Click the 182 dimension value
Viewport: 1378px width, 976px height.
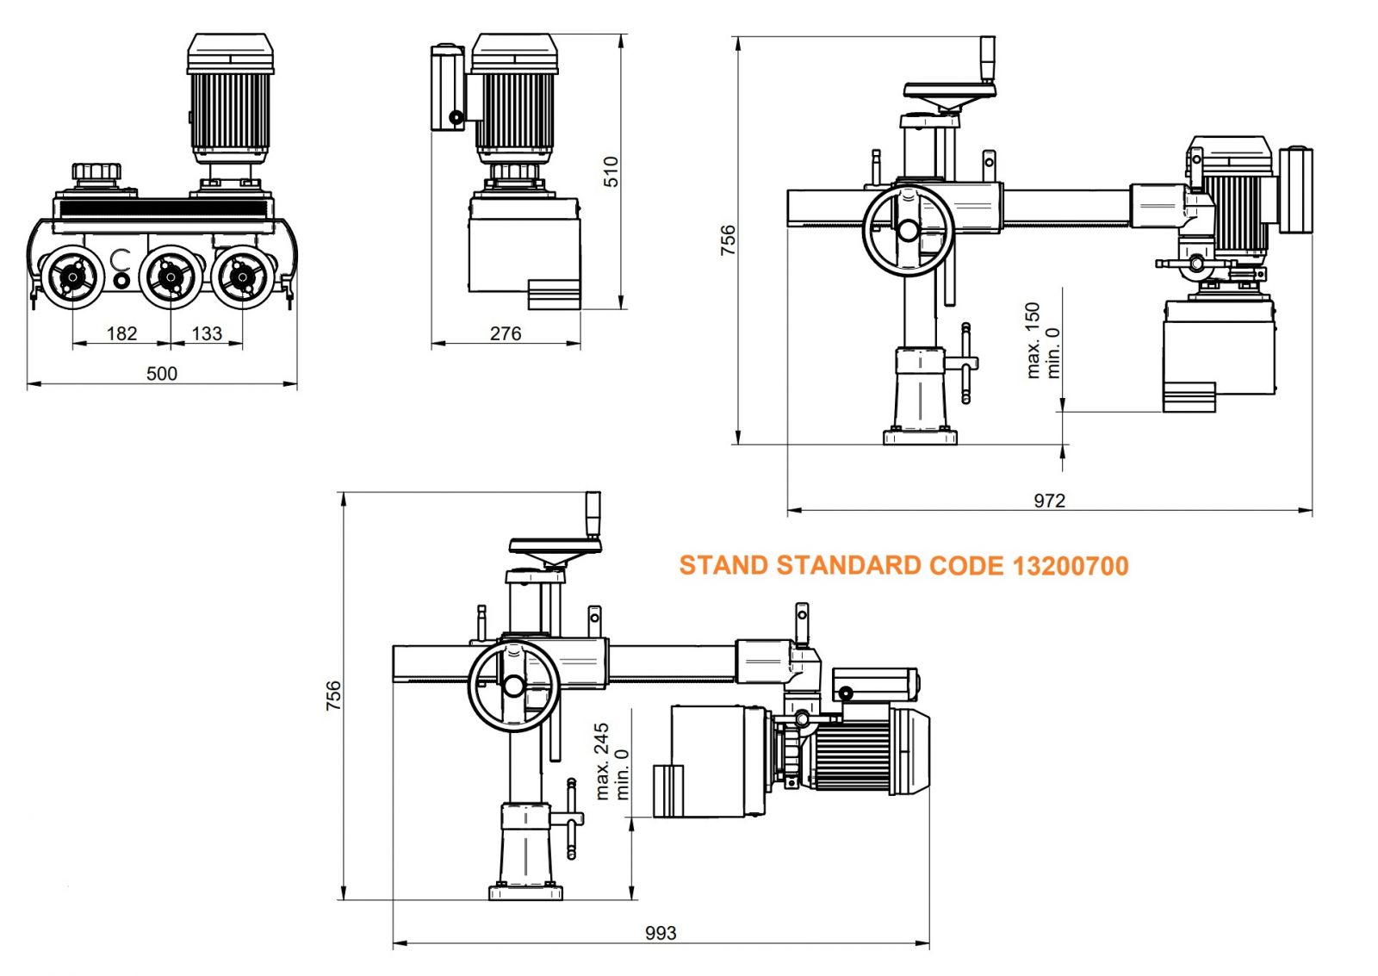click(121, 333)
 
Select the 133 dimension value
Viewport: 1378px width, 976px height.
click(207, 333)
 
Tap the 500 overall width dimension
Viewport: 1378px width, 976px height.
click(162, 373)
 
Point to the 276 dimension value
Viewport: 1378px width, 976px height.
click(506, 333)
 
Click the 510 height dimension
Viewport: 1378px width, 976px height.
click(611, 171)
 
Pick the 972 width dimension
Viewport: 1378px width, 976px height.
click(1049, 500)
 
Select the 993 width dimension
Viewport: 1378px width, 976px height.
click(661, 933)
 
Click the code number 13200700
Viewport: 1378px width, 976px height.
click(1070, 566)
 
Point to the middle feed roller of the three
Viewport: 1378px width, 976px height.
click(170, 277)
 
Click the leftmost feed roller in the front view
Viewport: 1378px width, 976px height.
click(72, 277)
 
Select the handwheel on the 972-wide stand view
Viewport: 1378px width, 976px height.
click(908, 230)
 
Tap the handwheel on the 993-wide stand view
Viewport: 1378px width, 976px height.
click(513, 686)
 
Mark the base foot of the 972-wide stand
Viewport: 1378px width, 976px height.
click(920, 437)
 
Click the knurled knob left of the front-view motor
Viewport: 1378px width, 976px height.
click(96, 171)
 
